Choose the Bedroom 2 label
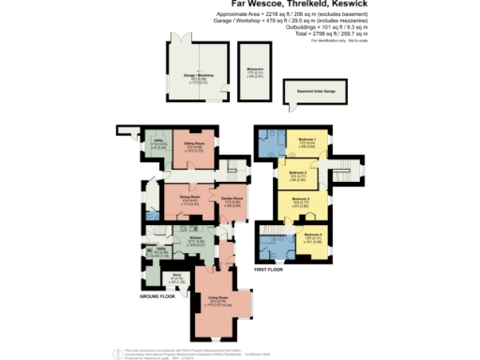coord(298,172)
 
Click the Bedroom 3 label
coord(300,200)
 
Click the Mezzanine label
coord(254,68)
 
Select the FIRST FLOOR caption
coord(268,269)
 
